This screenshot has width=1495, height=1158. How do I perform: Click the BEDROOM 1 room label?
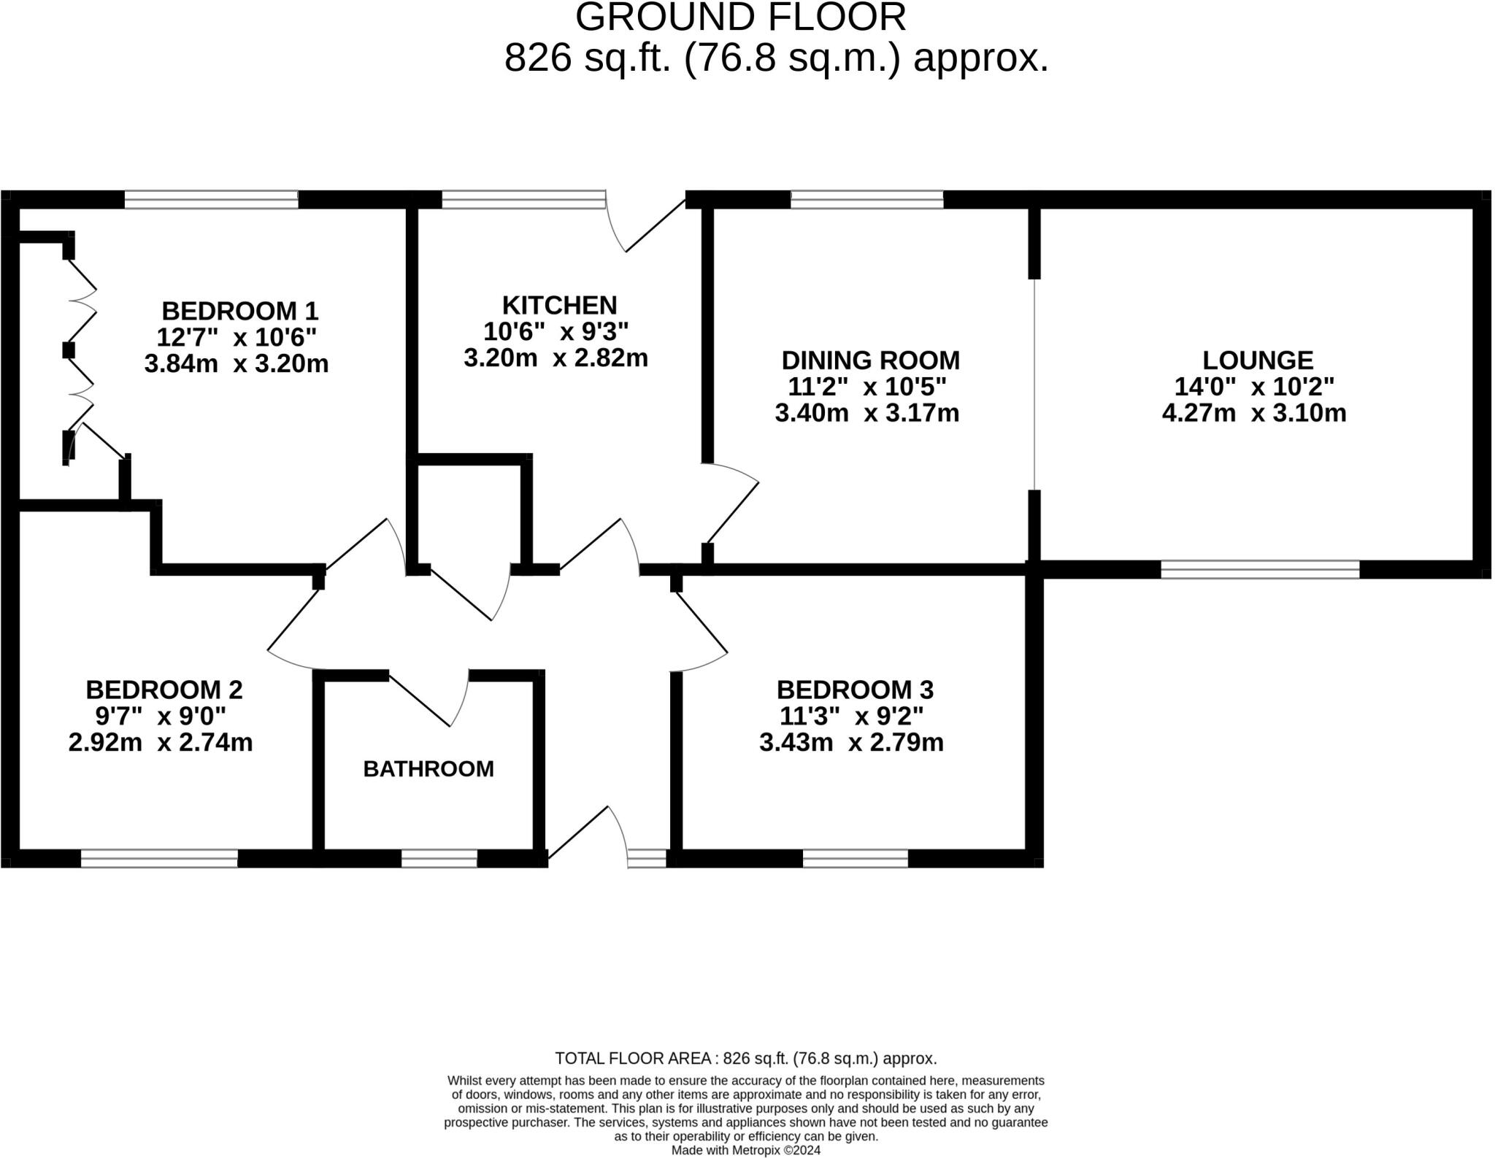(x=239, y=312)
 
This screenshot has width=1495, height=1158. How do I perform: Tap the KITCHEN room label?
(x=559, y=305)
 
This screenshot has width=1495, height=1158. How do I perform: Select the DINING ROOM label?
(x=870, y=360)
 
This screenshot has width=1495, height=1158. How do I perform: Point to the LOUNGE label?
(x=1257, y=360)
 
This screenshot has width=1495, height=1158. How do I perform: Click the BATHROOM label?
(x=428, y=769)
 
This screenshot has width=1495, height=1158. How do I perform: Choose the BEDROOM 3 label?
(x=855, y=690)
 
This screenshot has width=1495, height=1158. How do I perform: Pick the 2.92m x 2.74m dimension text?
(x=161, y=743)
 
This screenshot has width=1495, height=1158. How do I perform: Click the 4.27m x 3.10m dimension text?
(x=1253, y=413)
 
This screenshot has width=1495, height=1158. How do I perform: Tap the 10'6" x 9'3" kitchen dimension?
(x=556, y=332)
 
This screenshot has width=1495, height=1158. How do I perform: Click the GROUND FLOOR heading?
(x=740, y=18)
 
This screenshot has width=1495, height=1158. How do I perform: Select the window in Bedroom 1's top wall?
(x=211, y=199)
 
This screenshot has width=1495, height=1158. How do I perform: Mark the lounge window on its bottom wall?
(x=1260, y=569)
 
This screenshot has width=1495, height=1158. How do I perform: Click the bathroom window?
(x=439, y=858)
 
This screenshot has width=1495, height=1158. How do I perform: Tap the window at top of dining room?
(x=866, y=199)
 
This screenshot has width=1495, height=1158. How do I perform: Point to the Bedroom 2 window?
(x=159, y=858)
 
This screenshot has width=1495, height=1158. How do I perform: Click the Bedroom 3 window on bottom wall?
(x=855, y=858)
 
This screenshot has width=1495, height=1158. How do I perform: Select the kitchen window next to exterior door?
(x=523, y=199)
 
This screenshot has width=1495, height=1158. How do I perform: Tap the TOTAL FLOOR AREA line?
(x=745, y=1058)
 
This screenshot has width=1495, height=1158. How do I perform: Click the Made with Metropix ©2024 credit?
(x=745, y=1150)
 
